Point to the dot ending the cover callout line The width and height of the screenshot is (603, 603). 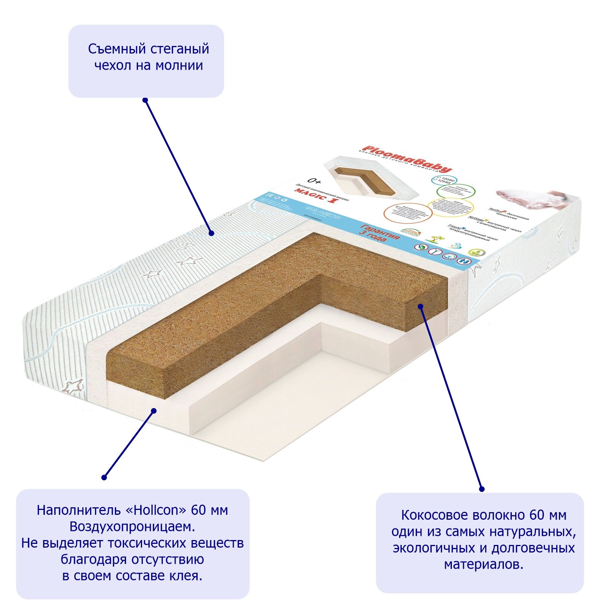(x=212, y=233)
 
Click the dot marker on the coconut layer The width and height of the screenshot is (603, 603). (x=421, y=306)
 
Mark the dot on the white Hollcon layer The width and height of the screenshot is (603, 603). (x=154, y=410)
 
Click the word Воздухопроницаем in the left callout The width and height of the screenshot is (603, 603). (x=132, y=526)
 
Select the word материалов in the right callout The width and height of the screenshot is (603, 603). (x=484, y=565)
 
